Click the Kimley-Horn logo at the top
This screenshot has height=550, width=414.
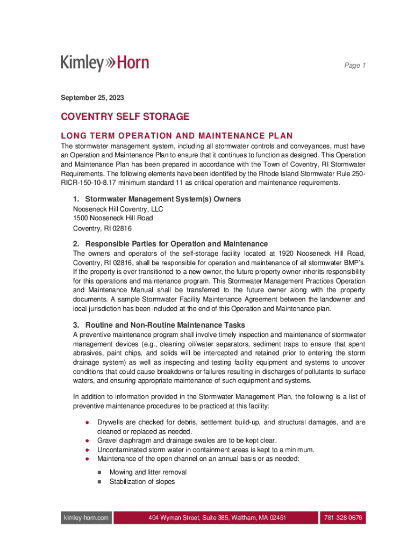(x=105, y=63)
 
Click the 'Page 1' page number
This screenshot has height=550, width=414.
(x=355, y=66)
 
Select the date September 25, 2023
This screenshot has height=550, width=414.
(x=92, y=98)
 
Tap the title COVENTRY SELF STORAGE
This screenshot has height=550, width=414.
(x=125, y=117)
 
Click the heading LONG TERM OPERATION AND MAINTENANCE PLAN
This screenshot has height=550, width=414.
(x=177, y=135)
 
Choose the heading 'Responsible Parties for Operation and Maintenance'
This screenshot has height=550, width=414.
(x=176, y=243)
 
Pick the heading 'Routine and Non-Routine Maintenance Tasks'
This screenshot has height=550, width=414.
(x=165, y=325)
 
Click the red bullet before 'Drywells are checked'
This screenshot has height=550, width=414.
(x=87, y=423)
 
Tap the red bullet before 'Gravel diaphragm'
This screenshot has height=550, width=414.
(x=87, y=441)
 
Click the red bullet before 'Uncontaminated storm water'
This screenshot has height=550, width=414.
(x=87, y=450)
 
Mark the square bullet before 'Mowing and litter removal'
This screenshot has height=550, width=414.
(x=99, y=473)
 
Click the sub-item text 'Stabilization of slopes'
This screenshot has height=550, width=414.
(x=142, y=482)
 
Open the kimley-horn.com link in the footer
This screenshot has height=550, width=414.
(x=85, y=518)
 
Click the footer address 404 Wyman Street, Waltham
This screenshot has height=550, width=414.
(x=217, y=518)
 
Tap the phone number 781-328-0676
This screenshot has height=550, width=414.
(x=342, y=518)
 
